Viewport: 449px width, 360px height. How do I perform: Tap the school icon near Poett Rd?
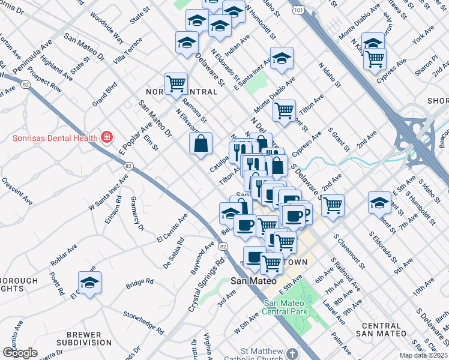89,283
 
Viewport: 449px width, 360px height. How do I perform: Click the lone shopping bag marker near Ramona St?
200,144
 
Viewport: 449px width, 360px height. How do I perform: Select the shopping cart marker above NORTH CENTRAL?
176,83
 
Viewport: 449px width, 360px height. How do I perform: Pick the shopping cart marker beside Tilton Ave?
284,110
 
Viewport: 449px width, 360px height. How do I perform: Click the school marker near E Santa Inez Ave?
282,59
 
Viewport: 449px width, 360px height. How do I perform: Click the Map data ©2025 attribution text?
423,355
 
